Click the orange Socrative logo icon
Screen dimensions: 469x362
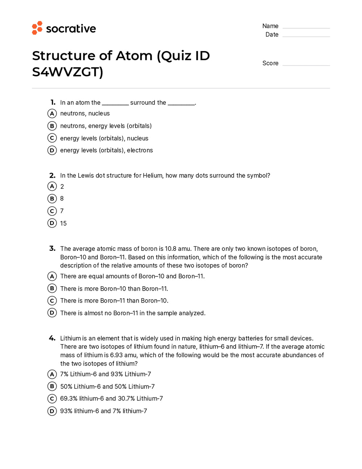click(37, 28)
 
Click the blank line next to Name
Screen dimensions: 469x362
click(306, 28)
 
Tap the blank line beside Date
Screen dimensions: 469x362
click(306, 36)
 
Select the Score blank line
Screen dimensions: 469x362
click(306, 65)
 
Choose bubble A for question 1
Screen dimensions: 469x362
click(52, 114)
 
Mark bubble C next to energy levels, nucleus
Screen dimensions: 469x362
click(52, 138)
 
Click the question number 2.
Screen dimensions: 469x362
click(52, 176)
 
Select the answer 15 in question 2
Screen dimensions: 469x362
click(63, 223)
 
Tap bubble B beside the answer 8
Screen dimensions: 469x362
click(52, 199)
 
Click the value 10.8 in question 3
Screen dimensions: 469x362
click(171, 249)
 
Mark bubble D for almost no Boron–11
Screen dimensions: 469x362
click(52, 313)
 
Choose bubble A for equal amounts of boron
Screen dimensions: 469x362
click(52, 276)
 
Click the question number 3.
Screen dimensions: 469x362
click(52, 249)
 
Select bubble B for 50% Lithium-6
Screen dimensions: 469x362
click(52, 386)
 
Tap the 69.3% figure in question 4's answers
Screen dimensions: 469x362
click(69, 398)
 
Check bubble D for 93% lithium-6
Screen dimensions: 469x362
click(52, 411)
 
